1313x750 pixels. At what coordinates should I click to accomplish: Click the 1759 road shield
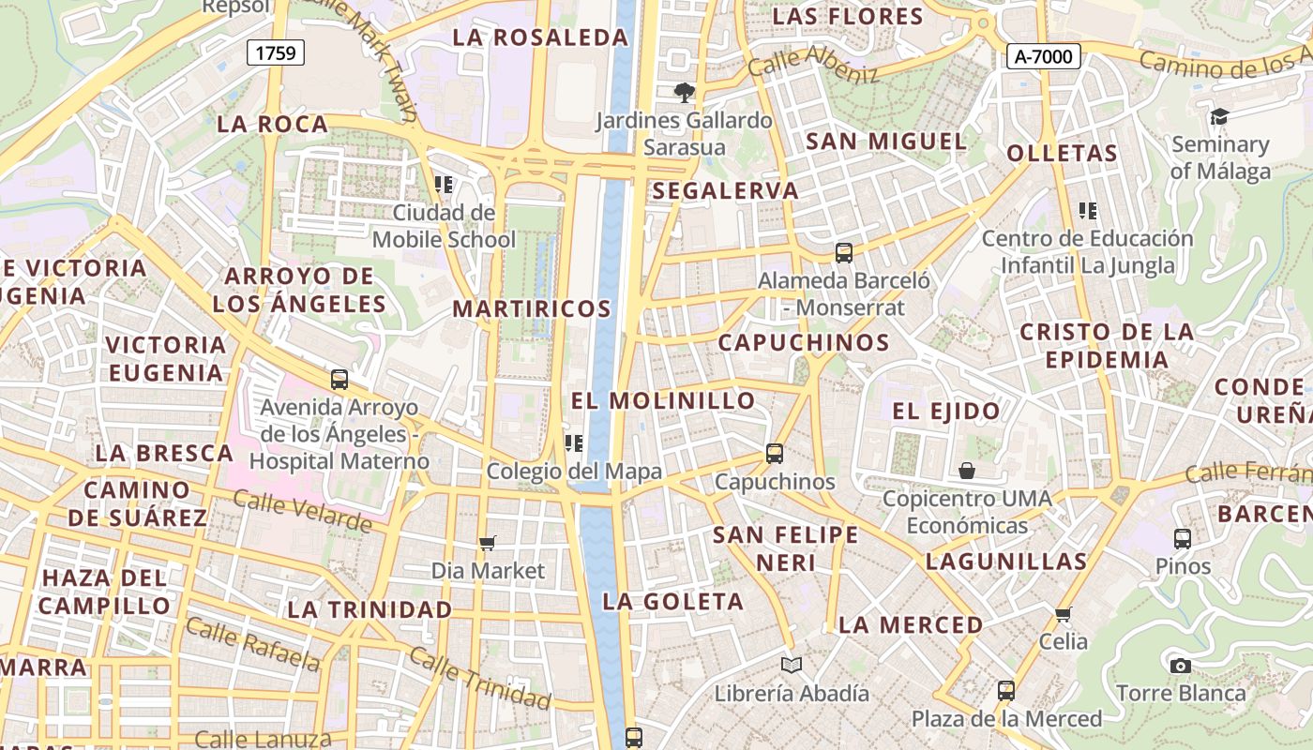point(276,52)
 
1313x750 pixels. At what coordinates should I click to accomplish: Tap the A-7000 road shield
point(1044,56)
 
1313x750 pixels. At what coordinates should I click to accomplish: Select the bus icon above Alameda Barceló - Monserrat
point(843,252)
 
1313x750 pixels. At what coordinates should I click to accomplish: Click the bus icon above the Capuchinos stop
point(775,454)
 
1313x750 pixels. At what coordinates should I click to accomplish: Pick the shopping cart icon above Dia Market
point(487,543)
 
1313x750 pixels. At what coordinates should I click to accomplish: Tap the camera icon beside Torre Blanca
point(1181,666)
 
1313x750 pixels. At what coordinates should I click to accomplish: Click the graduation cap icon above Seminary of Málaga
point(1218,116)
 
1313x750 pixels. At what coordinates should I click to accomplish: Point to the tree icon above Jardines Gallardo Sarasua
point(685,92)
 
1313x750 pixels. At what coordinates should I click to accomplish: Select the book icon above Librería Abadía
point(792,665)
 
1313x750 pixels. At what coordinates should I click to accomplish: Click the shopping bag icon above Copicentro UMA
point(967,470)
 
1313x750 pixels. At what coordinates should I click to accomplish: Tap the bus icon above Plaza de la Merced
point(1006,691)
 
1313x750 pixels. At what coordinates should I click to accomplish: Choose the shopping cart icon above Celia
point(1063,614)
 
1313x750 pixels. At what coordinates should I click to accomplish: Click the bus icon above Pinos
point(1183,539)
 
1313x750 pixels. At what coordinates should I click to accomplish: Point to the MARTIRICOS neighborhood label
point(532,308)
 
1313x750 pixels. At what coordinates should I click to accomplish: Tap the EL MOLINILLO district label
point(663,400)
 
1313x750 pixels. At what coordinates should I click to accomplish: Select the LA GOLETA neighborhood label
point(672,601)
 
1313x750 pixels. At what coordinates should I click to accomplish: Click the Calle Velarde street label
point(302,511)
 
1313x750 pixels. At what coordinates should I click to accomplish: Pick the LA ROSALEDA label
point(540,37)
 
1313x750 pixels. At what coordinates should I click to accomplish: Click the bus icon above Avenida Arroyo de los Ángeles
point(340,380)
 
